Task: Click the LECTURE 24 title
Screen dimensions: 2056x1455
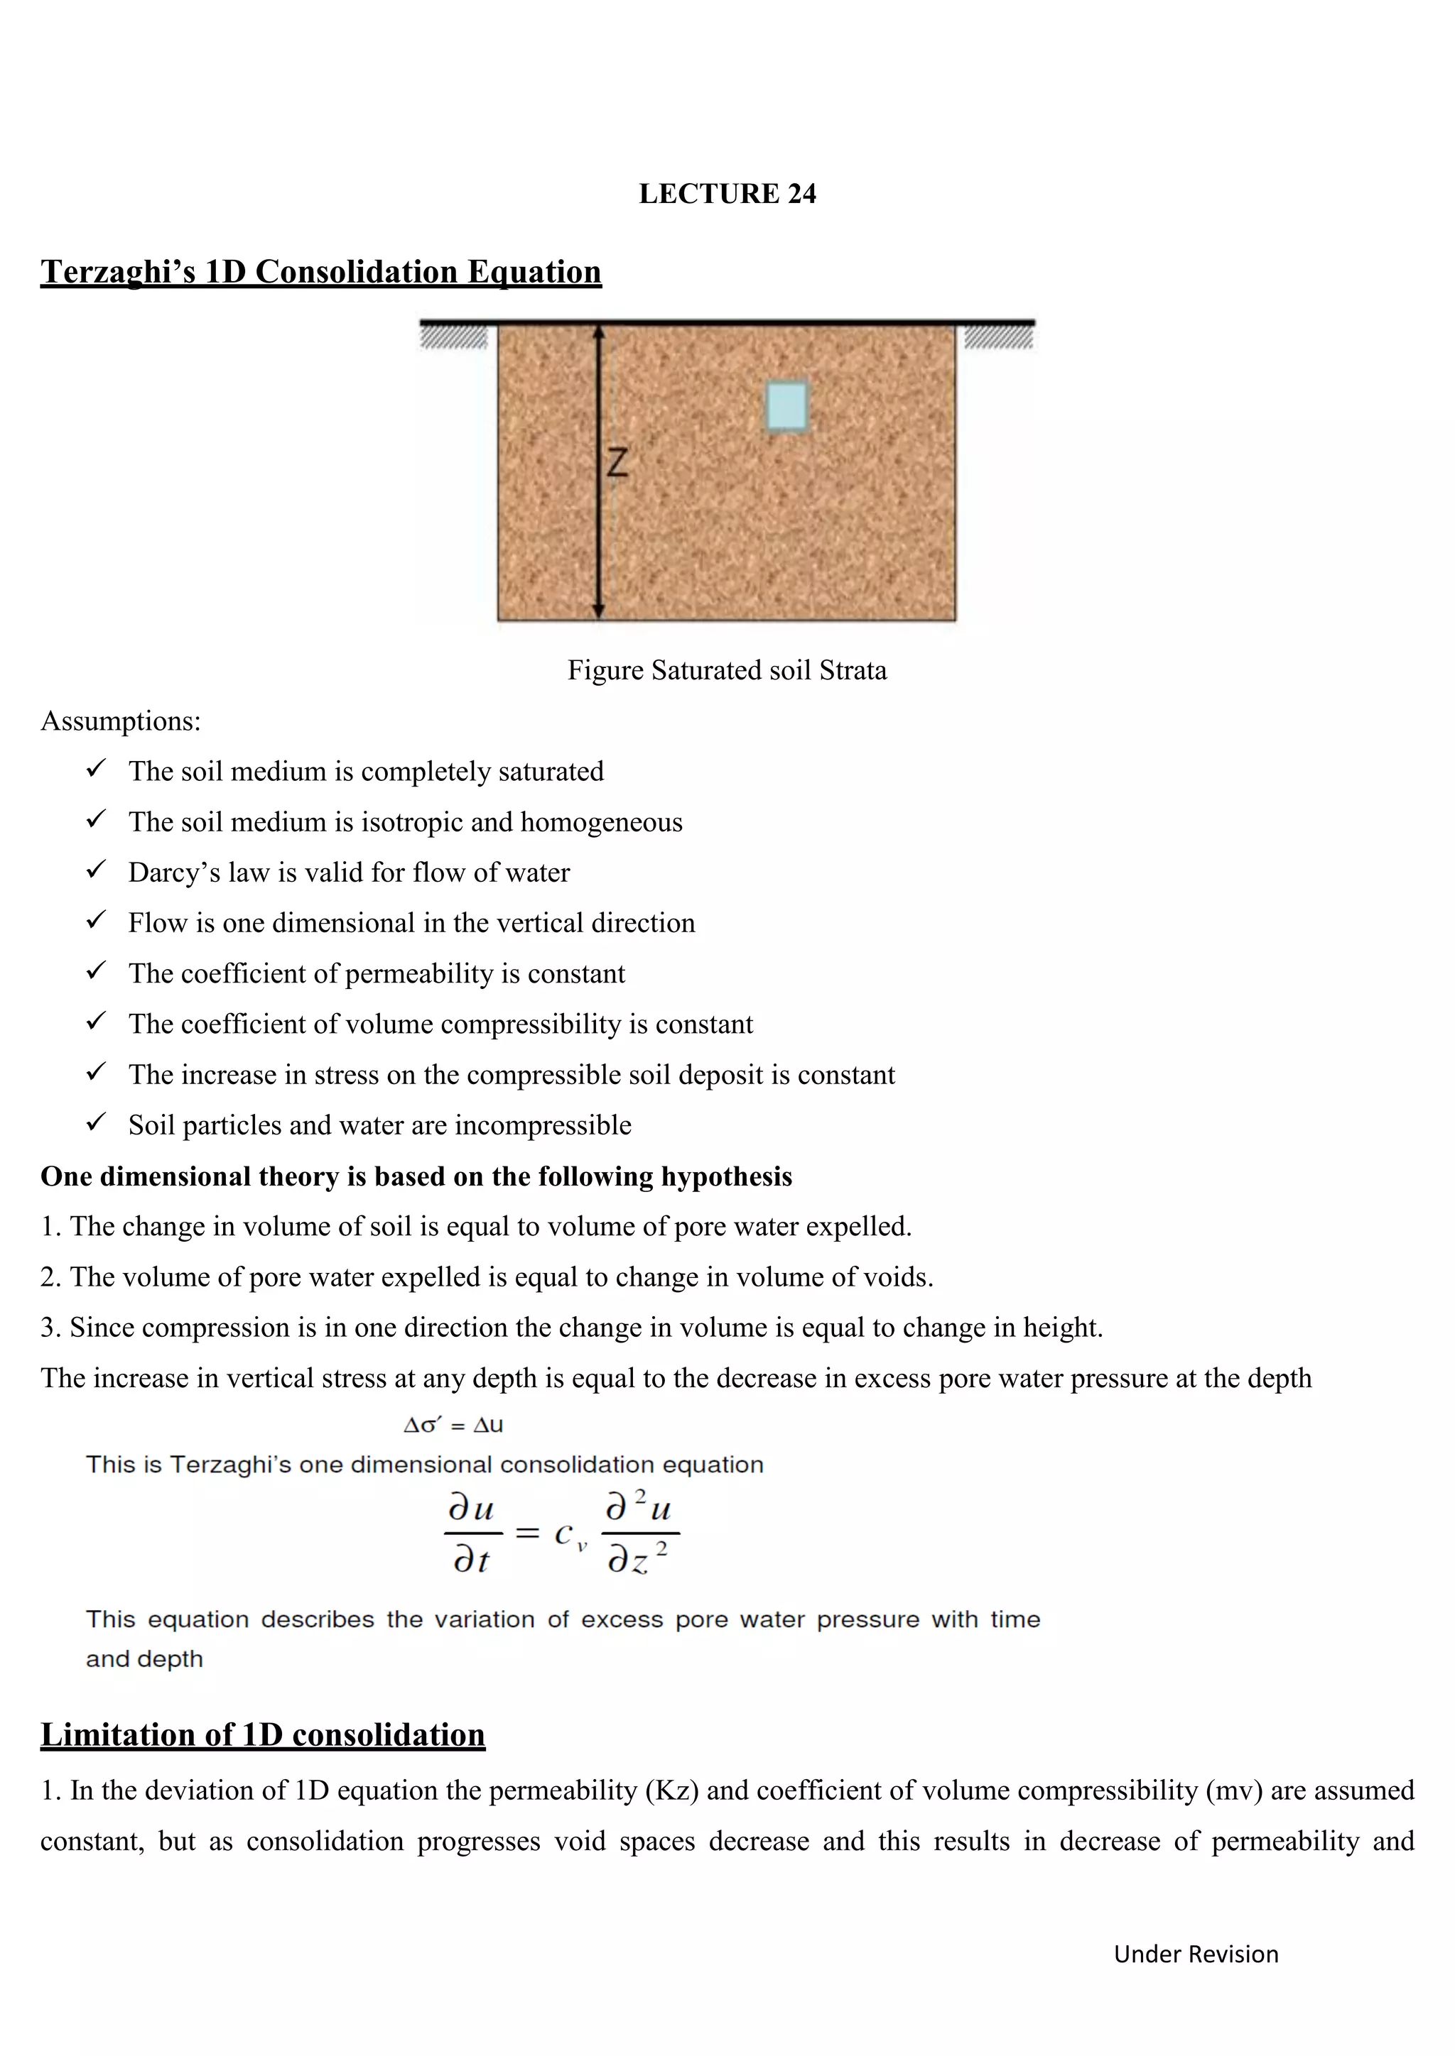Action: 727,193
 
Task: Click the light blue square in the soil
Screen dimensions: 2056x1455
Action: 786,407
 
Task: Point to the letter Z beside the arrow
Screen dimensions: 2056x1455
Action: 617,462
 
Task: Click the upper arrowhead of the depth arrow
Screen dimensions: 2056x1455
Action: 600,332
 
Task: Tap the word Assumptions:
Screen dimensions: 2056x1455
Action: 121,721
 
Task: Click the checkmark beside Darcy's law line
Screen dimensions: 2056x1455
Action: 96,870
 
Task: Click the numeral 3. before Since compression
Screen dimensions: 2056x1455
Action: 50,1327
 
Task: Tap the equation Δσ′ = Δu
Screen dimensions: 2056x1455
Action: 453,1425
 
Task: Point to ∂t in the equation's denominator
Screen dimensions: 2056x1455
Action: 471,1560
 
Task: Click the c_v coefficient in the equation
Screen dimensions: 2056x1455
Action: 569,1535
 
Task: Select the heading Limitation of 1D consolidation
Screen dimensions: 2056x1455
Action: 262,1734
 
